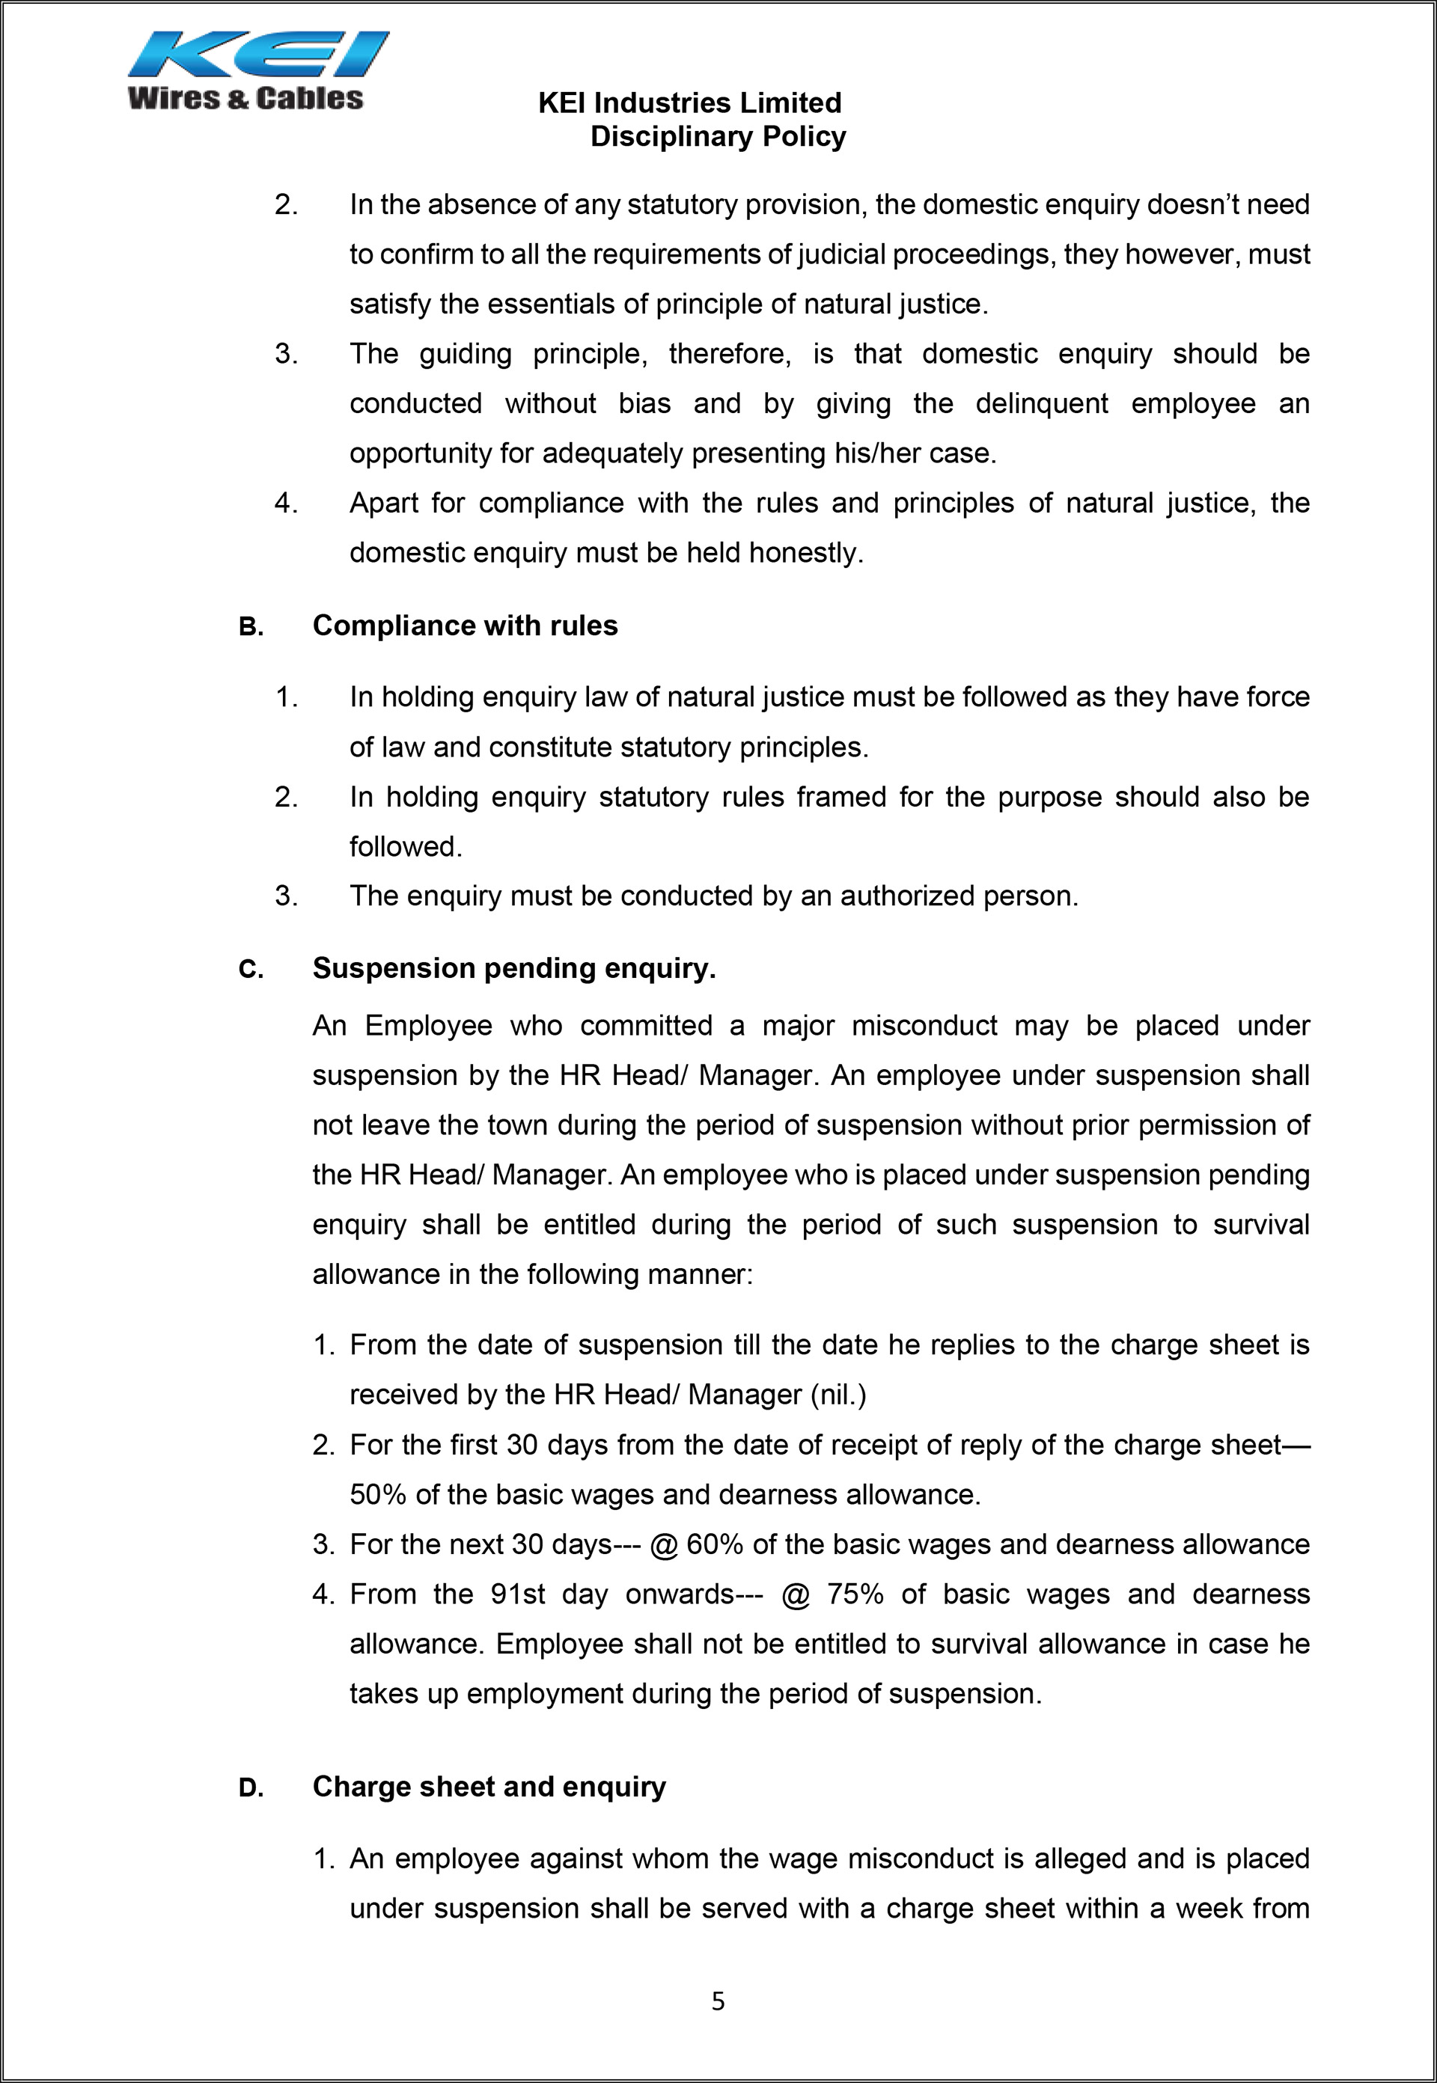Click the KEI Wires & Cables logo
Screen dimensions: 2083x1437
tap(257, 71)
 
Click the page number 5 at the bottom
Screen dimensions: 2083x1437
tap(718, 2000)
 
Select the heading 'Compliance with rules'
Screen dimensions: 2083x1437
tap(465, 625)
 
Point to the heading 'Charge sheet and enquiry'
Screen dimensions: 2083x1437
tap(489, 1786)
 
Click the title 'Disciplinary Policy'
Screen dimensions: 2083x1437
tap(718, 137)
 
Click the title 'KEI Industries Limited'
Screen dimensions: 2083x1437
tap(690, 103)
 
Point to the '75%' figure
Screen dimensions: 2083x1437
tap(855, 1594)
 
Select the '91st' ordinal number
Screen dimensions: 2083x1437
tap(518, 1594)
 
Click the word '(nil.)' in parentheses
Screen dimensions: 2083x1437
tap(838, 1395)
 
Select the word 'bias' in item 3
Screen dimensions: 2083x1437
tap(644, 403)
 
